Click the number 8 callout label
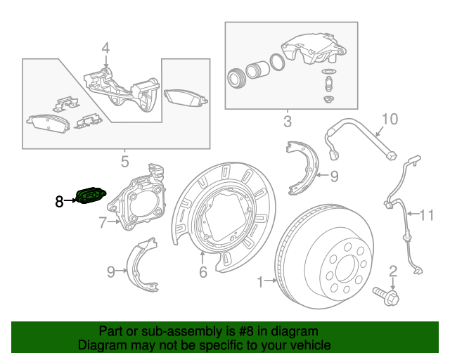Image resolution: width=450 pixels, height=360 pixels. pyautogui.click(x=59, y=202)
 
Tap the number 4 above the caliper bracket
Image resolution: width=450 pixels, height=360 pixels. pyautogui.click(x=105, y=49)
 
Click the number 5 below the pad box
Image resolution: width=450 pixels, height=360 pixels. pyautogui.click(x=124, y=162)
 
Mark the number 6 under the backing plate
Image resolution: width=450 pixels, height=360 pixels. pyautogui.click(x=202, y=271)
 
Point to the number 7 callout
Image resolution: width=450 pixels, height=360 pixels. pyautogui.click(x=102, y=224)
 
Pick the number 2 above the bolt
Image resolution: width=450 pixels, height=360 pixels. pyautogui.click(x=393, y=271)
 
